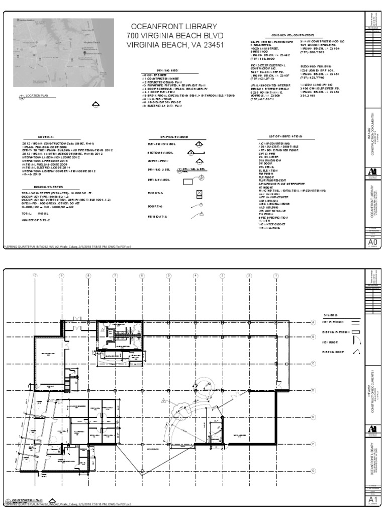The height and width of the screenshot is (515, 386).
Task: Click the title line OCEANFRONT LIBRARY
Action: click(x=174, y=26)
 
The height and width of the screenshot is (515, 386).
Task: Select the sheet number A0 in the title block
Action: click(x=373, y=242)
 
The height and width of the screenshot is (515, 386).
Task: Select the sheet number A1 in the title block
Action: click(x=373, y=499)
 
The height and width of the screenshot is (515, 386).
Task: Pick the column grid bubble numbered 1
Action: click(x=275, y=276)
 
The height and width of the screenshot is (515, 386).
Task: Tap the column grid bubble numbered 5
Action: click(x=169, y=276)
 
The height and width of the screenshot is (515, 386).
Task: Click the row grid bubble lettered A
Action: click(x=313, y=322)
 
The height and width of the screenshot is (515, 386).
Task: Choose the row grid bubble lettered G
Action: click(x=313, y=470)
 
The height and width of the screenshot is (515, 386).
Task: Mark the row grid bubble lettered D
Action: click(x=313, y=390)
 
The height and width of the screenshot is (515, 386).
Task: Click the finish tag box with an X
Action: click(x=199, y=193)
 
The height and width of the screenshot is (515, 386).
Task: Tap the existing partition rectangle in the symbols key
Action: click(x=356, y=332)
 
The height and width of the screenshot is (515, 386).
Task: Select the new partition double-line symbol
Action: click(x=356, y=322)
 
